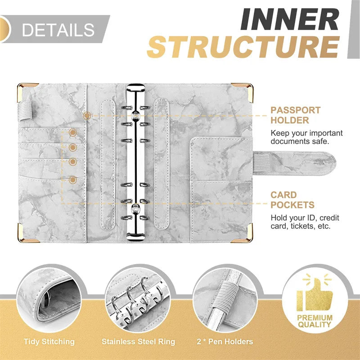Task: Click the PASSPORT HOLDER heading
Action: click(x=296, y=115)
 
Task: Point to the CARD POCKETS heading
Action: click(x=292, y=200)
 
